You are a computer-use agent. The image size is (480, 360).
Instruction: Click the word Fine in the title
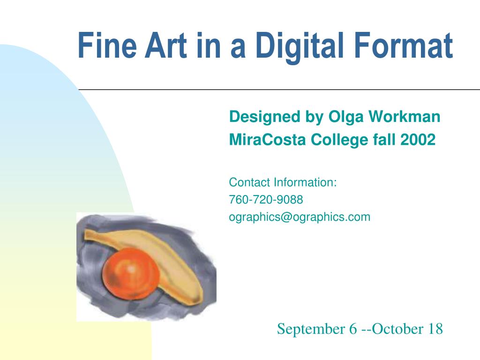(107, 45)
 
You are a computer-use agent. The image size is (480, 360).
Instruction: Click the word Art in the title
(166, 45)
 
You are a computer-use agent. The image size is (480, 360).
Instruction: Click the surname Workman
(404, 116)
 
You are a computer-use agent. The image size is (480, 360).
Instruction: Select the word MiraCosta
(267, 140)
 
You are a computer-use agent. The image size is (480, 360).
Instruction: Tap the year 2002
(418, 140)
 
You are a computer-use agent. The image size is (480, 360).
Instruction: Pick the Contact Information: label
(283, 182)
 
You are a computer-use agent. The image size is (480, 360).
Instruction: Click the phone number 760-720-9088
(266, 200)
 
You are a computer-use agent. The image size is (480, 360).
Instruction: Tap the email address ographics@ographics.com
(300, 217)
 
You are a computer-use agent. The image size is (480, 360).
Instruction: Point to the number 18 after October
(435, 329)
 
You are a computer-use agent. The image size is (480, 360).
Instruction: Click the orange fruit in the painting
(131, 274)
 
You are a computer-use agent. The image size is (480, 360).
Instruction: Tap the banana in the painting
(172, 260)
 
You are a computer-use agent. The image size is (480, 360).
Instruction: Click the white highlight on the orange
(131, 269)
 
